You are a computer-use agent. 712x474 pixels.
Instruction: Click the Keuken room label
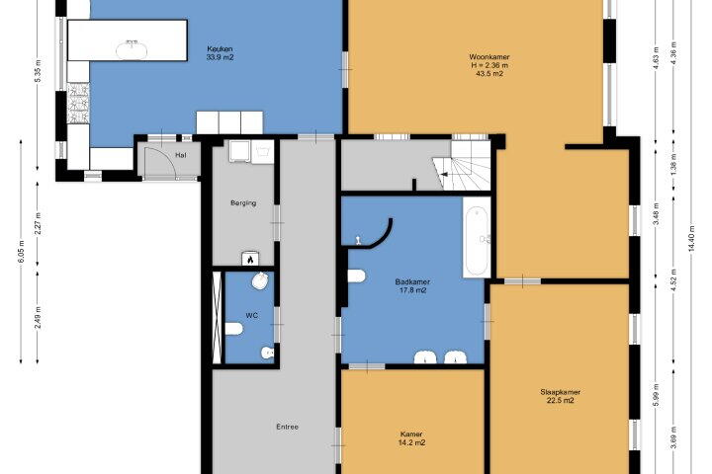[x=220, y=53]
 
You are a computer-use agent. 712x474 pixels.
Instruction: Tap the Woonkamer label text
[x=489, y=57]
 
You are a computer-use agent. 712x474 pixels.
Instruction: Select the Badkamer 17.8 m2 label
[x=412, y=286]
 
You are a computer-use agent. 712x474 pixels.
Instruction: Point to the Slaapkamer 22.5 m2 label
[x=561, y=396]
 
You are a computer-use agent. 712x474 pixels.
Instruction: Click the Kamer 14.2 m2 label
[x=411, y=438]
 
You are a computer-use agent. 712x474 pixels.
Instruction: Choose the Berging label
[x=243, y=203]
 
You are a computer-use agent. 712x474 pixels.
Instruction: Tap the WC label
[x=251, y=315]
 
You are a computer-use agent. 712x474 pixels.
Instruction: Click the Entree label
[x=288, y=427]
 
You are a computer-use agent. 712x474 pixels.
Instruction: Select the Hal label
[x=180, y=155]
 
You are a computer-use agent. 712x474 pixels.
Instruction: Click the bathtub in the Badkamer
[x=477, y=237]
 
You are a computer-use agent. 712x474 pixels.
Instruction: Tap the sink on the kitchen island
[x=133, y=49]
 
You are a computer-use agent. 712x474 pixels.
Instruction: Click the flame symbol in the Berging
[x=250, y=260]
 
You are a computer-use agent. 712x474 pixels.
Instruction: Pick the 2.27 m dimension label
[x=39, y=223]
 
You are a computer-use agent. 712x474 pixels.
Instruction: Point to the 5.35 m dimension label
[x=39, y=71]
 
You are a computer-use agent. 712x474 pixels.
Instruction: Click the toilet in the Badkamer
[x=357, y=276]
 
